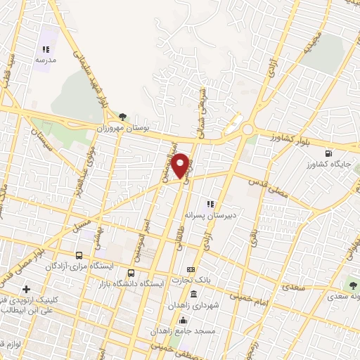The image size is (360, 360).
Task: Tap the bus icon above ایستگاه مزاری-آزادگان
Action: tap(78, 256)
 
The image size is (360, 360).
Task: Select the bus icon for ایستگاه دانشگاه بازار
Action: tap(131, 273)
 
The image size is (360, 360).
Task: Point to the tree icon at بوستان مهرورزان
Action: tap(123, 116)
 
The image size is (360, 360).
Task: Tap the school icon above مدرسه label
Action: tap(46, 50)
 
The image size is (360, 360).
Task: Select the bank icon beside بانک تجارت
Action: tap(191, 270)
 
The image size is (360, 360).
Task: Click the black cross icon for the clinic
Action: tap(27, 289)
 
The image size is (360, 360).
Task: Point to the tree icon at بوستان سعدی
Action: tap(353, 285)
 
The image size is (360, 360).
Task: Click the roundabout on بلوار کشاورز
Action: tap(247, 131)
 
